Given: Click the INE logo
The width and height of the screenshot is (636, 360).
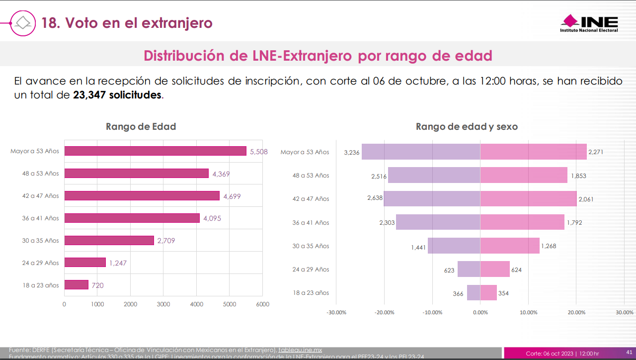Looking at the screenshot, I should [x=589, y=23].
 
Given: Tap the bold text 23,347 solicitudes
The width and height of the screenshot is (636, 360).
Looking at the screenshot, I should [x=117, y=94].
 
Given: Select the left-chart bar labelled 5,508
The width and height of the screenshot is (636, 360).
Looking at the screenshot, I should [x=155, y=151].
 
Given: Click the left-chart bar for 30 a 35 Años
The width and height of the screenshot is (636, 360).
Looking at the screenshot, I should [x=109, y=241].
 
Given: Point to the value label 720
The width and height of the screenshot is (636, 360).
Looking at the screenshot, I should [x=97, y=285].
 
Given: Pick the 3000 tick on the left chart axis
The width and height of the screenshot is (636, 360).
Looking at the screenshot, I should [x=163, y=304].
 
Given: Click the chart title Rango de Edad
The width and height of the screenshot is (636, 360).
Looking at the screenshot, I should [x=141, y=127].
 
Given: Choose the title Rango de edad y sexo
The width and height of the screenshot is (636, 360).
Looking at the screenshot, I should [x=467, y=127].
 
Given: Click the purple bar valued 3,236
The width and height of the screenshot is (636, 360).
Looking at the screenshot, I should [x=421, y=152].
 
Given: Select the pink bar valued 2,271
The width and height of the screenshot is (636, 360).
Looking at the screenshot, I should [x=533, y=152].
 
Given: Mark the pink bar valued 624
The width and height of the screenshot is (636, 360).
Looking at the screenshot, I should [x=495, y=270].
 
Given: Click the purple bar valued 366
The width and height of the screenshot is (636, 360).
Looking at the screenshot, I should [x=474, y=293].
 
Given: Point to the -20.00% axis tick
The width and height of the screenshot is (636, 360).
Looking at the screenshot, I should [x=384, y=313].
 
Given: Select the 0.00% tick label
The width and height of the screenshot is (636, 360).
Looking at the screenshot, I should [x=480, y=313].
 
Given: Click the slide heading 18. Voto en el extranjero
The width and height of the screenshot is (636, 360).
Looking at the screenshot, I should [x=127, y=23].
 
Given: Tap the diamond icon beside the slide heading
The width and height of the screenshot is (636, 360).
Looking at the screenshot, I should [x=23, y=23].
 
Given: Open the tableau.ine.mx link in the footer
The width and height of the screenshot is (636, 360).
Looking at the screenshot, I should [x=300, y=350].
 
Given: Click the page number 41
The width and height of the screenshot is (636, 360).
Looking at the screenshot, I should [x=629, y=353].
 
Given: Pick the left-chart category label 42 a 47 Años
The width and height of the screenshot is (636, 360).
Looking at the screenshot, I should [x=40, y=196].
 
